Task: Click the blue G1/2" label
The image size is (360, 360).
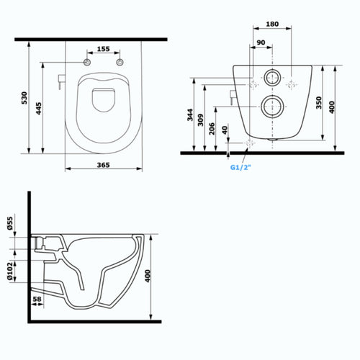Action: click(241, 168)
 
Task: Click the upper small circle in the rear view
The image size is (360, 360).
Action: click(272, 79)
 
